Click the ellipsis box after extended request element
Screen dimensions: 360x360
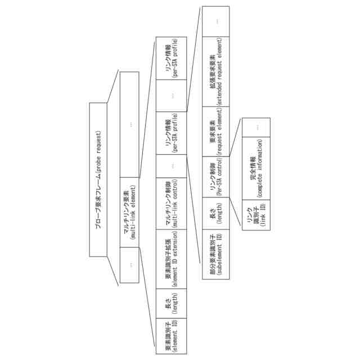[215, 21]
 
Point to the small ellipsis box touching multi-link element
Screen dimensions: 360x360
[130, 265]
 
